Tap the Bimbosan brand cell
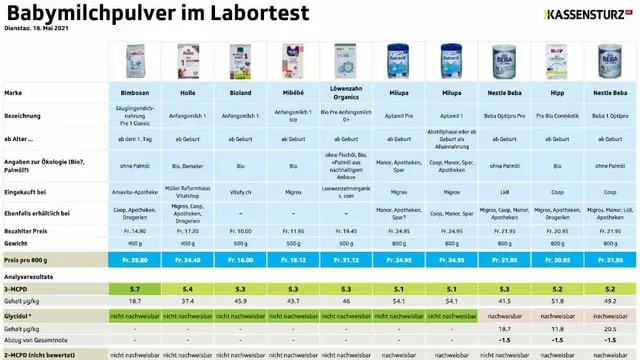click(x=134, y=92)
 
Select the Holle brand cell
click(x=186, y=92)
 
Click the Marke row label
click(x=15, y=92)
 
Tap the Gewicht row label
click(x=17, y=243)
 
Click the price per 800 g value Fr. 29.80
click(x=134, y=259)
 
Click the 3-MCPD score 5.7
click(x=134, y=288)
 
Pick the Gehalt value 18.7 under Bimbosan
click(x=134, y=300)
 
